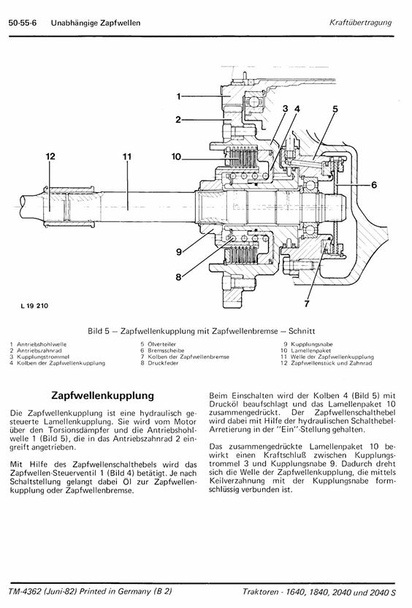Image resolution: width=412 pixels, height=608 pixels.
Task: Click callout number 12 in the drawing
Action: point(50,156)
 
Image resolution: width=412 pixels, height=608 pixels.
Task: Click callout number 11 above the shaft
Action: point(127,157)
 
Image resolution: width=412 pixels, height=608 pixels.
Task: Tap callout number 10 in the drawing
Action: point(176,156)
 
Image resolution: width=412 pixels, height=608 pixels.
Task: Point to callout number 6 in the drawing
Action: point(374,185)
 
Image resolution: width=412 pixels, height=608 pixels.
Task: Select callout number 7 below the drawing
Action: point(307,303)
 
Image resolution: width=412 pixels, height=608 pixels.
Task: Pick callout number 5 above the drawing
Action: point(335,110)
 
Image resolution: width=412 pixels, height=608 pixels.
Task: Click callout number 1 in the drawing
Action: point(178,96)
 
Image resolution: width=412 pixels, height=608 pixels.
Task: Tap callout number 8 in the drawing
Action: point(178,277)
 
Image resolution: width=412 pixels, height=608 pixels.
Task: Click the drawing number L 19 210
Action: point(34,306)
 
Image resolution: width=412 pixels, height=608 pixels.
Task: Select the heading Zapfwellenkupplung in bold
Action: point(103,396)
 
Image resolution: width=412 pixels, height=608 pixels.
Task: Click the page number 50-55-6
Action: point(23,23)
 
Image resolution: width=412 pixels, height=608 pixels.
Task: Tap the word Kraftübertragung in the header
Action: point(360,23)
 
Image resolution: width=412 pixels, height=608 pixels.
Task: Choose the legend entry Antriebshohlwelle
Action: point(42,344)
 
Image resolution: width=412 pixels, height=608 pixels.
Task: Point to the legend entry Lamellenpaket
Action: point(311,351)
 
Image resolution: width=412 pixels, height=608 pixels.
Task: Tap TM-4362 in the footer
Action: point(26,591)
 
